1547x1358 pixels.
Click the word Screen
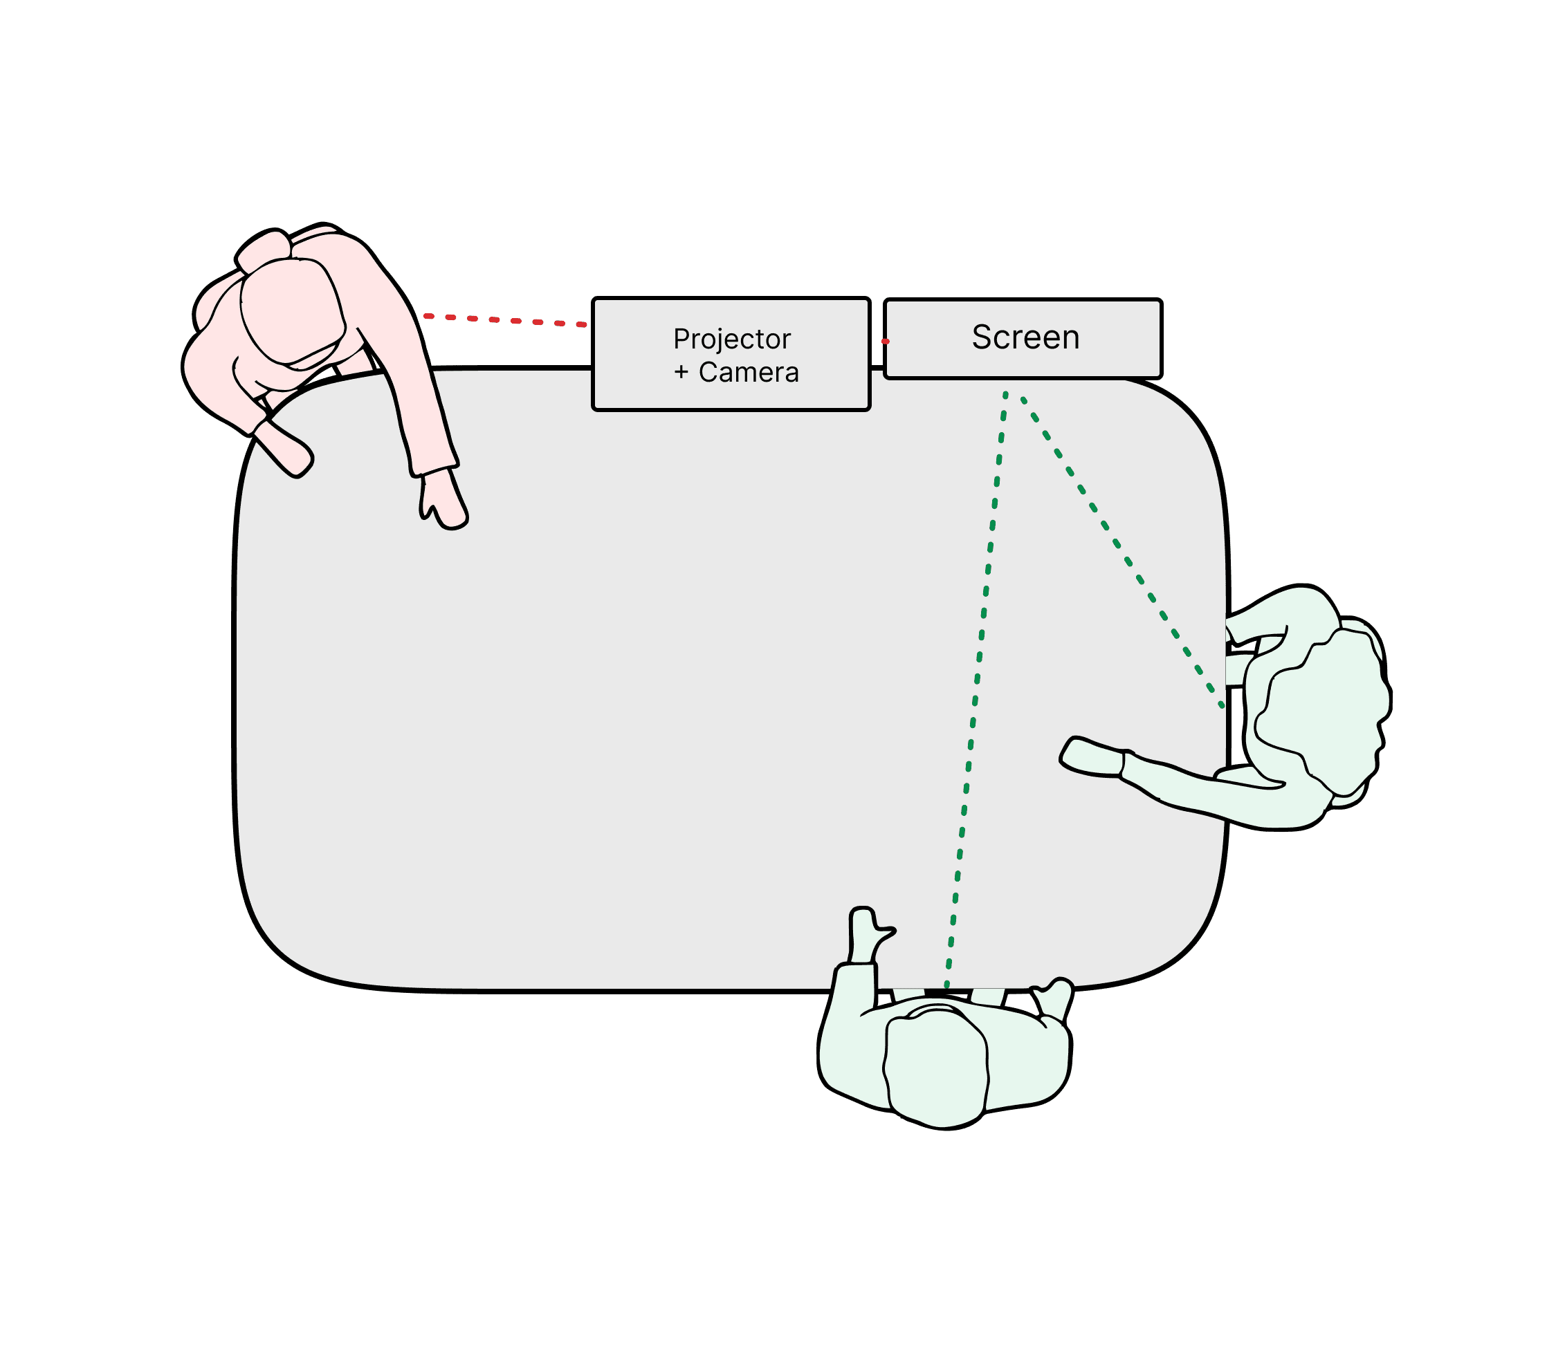point(1025,337)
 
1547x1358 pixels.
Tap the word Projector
point(731,339)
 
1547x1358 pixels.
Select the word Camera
point(749,372)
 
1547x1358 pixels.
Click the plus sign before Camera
point(681,372)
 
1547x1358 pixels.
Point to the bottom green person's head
point(936,1062)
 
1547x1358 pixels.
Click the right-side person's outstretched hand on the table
point(1090,756)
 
